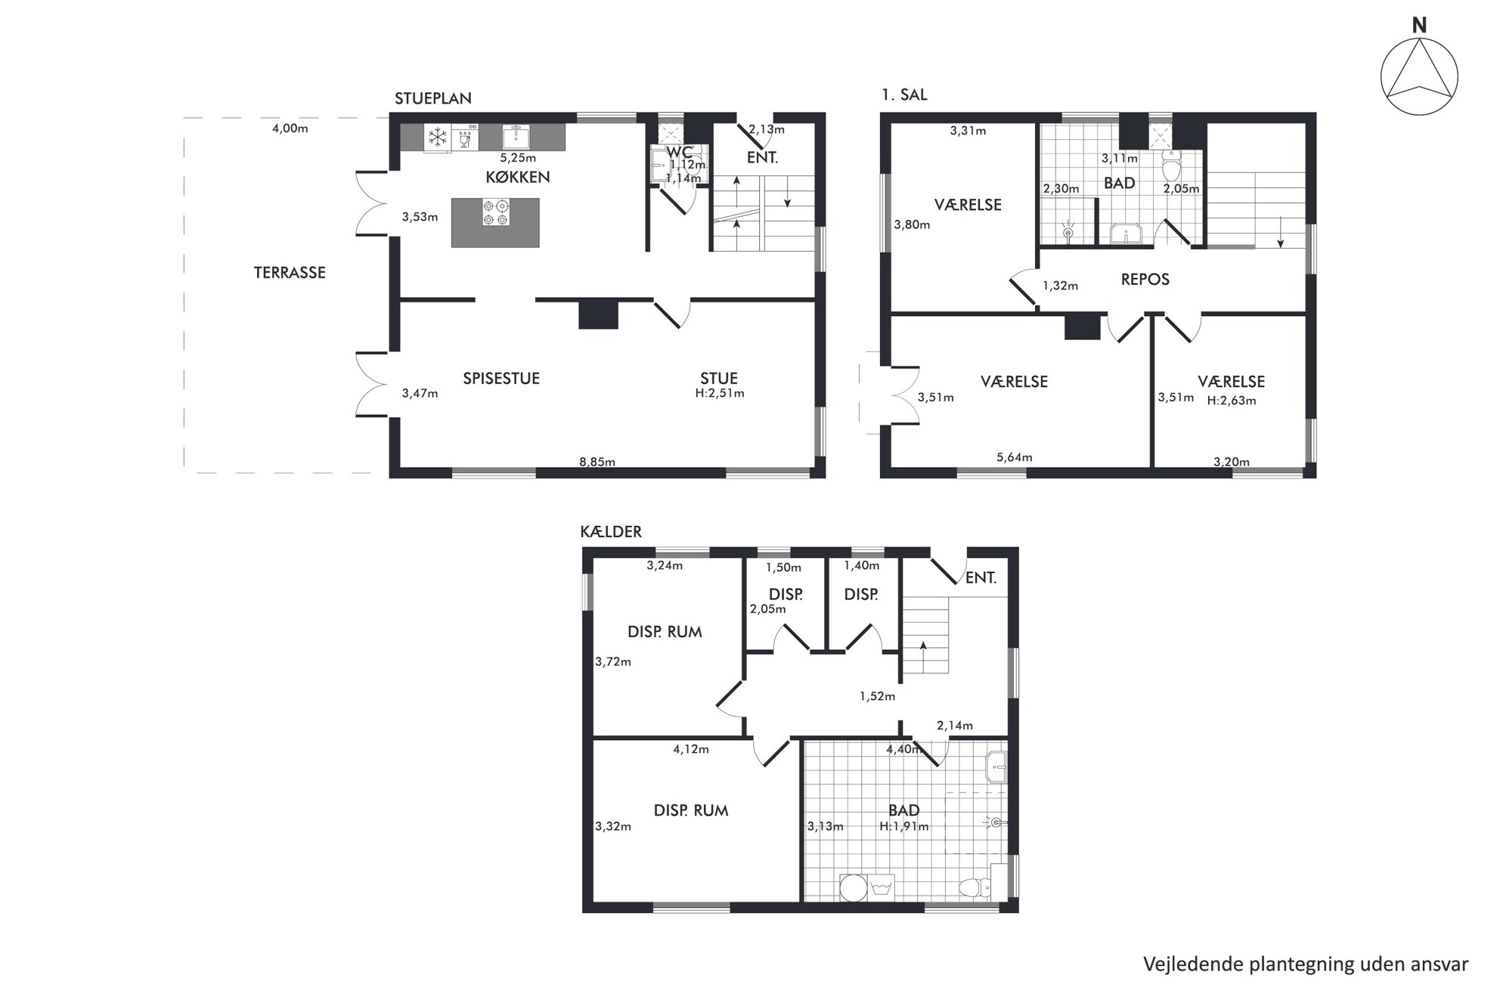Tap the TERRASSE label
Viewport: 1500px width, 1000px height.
click(290, 273)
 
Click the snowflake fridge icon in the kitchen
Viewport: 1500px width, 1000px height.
click(436, 138)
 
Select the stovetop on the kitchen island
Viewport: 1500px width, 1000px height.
click(496, 212)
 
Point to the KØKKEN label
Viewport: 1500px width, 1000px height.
click(518, 177)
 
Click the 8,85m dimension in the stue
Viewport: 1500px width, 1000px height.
click(597, 462)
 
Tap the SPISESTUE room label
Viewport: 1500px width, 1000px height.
click(501, 379)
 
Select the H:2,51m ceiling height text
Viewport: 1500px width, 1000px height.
click(720, 393)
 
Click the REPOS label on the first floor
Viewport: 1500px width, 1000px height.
click(1145, 280)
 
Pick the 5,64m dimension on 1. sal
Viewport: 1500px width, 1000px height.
click(1015, 457)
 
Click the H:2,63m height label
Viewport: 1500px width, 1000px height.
click(1232, 401)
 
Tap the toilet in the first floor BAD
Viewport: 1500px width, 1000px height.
click(1171, 164)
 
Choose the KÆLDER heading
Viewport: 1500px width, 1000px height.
click(611, 531)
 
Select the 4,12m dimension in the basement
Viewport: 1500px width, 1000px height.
click(691, 749)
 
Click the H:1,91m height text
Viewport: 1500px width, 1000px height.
click(904, 826)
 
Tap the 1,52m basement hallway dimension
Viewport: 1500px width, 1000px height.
click(877, 696)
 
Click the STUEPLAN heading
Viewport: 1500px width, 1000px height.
click(433, 98)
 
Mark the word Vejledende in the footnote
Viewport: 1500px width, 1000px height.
click(1185, 964)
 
